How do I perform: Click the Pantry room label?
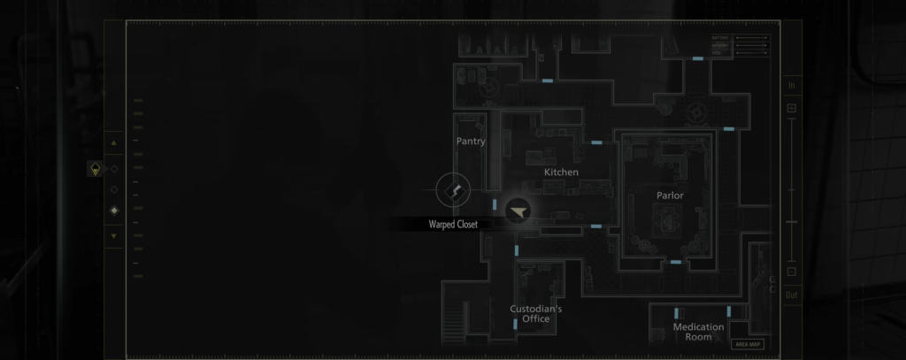[x=471, y=142]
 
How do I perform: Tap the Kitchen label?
[x=561, y=172]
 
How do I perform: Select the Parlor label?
[x=670, y=195]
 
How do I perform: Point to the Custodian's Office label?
[x=536, y=314]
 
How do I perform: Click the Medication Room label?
[x=698, y=332]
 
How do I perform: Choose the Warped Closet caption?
[x=453, y=225]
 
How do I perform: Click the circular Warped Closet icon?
[x=453, y=190]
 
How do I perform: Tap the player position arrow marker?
[x=518, y=210]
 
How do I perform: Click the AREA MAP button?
[x=748, y=344]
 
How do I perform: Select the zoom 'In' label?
[x=792, y=86]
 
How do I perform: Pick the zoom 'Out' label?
[x=792, y=295]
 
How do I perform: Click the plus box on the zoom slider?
[x=792, y=108]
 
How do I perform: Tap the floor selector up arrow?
[x=113, y=142]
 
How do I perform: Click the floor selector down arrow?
[x=113, y=236]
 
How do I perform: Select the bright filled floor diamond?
[x=113, y=211]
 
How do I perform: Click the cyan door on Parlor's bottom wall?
[x=675, y=262]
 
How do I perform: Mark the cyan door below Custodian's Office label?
[x=516, y=326]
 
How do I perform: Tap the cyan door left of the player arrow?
[x=495, y=204]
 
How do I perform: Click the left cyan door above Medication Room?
[x=677, y=313]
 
